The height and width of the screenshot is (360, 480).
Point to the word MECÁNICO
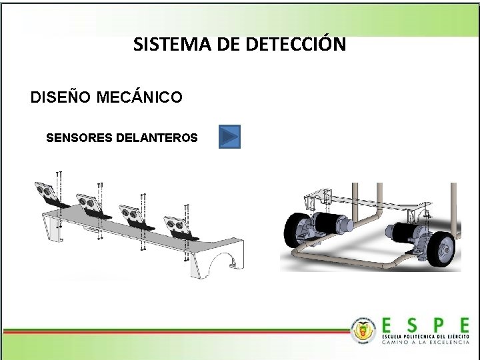139,98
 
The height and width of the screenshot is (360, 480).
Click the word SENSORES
79,138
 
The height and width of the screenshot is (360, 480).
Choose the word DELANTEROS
157,138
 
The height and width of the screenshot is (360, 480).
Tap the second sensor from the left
89,201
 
